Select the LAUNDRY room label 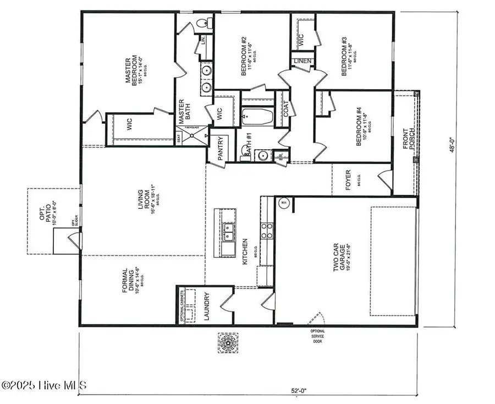point(207,306)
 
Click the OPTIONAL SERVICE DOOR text point(318,336)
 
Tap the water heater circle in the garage point(284,203)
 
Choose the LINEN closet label point(302,61)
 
